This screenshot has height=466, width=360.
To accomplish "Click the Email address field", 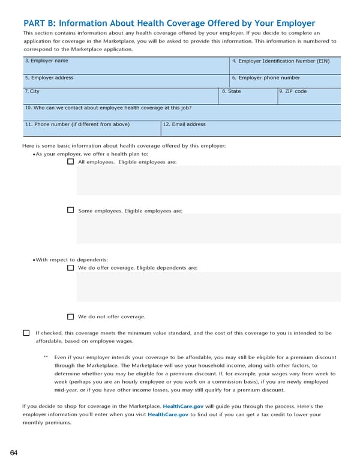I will click(x=250, y=129).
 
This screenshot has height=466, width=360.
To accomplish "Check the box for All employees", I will click(x=71, y=162).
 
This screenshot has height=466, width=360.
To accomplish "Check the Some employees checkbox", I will click(x=71, y=210).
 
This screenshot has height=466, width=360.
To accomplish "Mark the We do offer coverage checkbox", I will click(x=71, y=267).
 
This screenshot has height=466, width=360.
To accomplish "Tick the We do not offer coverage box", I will click(x=71, y=316).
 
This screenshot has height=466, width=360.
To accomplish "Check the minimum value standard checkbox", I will click(x=26, y=333).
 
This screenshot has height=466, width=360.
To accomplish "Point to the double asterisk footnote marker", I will click(x=46, y=357).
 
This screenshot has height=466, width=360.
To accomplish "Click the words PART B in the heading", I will click(x=40, y=23).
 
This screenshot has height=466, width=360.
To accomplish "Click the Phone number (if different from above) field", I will click(x=91, y=129).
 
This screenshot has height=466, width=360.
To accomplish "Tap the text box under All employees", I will click(x=208, y=181).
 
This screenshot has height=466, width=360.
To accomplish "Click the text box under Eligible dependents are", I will click(x=208, y=286).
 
